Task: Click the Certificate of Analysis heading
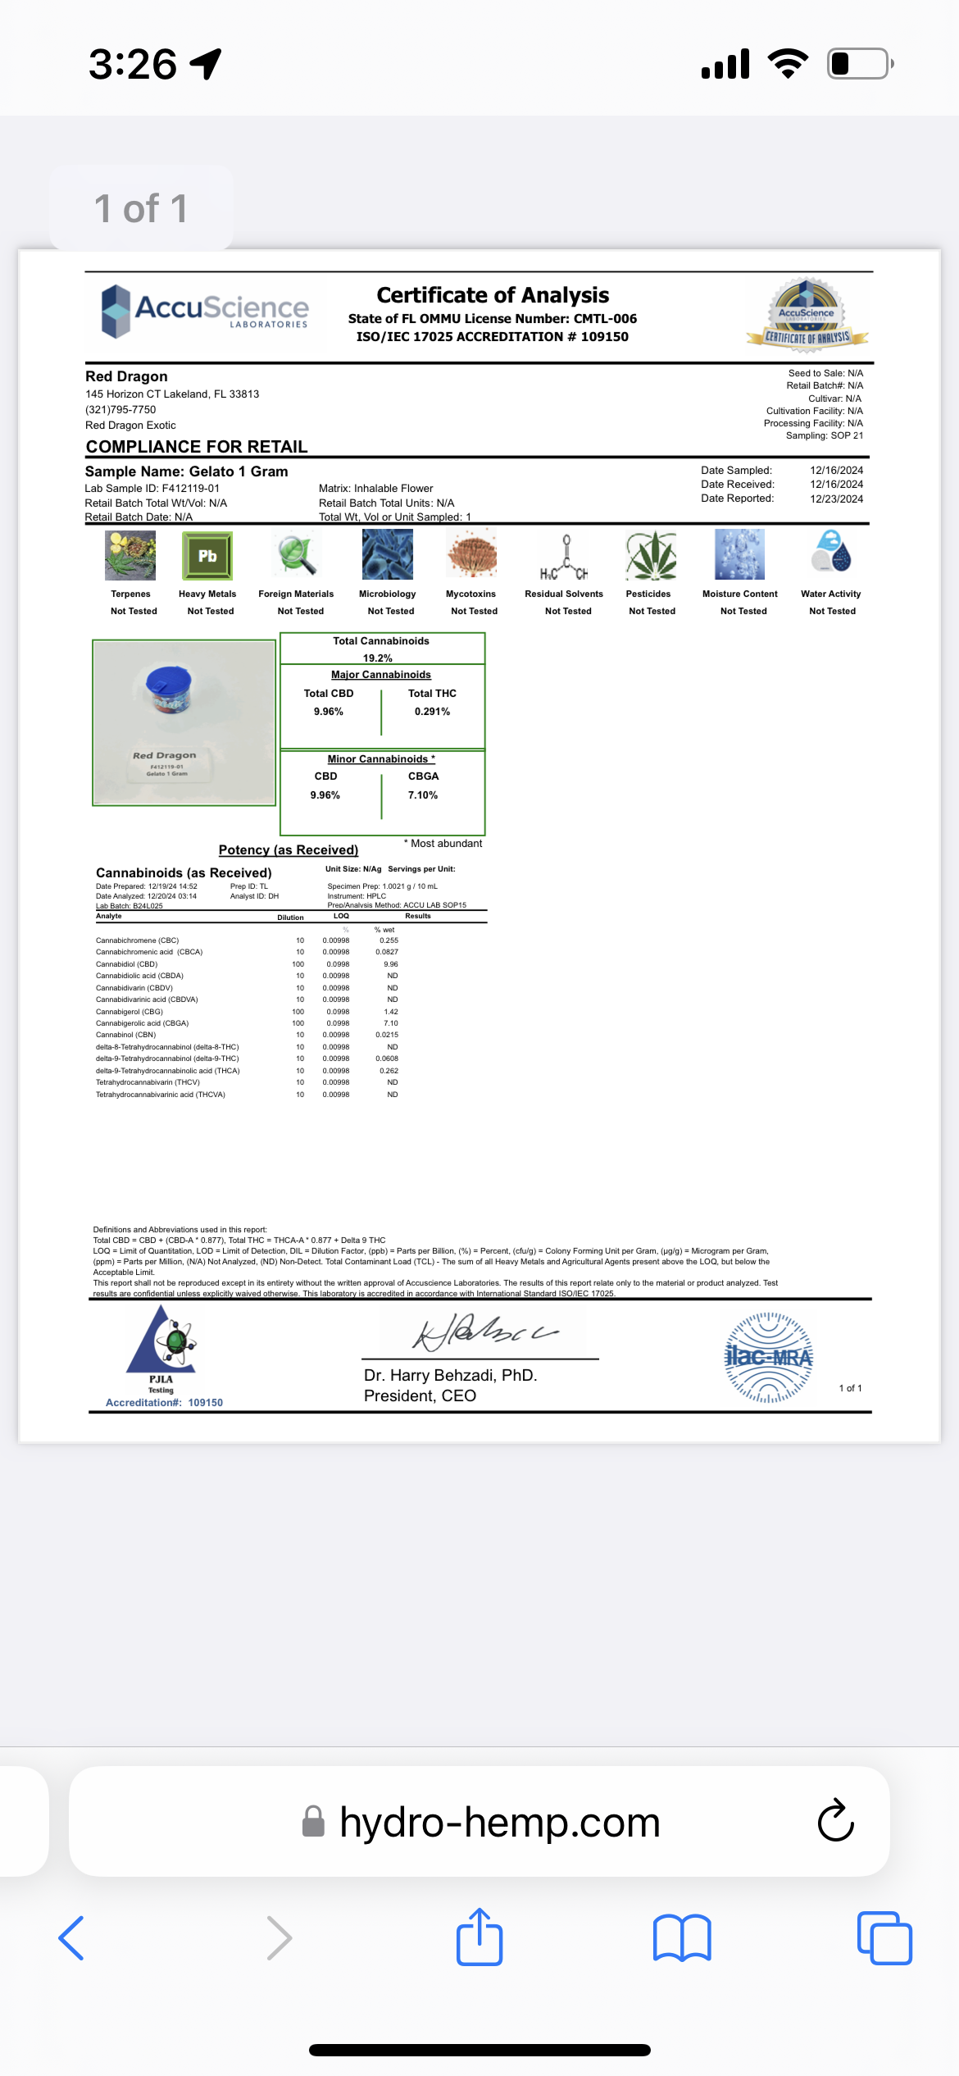[493, 295]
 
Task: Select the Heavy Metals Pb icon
[207, 556]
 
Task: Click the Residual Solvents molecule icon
[564, 557]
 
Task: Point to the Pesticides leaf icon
[651, 556]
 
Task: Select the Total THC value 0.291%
[432, 712]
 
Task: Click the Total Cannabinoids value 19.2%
[378, 658]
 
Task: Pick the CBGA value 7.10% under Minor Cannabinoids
[423, 795]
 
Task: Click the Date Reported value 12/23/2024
[836, 499]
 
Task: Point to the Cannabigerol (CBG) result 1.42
[391, 1012]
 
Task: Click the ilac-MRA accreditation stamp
[769, 1358]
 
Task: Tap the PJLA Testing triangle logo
[161, 1343]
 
